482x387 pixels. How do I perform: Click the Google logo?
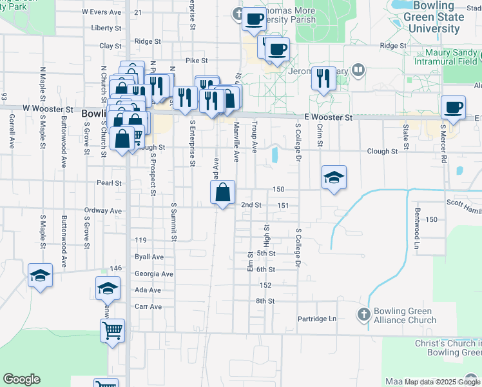[x=21, y=379]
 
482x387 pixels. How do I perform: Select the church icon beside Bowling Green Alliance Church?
[x=363, y=315]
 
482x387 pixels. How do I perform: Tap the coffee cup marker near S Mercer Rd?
[x=454, y=108]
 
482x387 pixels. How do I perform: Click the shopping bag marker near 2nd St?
[x=222, y=192]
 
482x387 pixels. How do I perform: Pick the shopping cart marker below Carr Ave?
[x=112, y=331]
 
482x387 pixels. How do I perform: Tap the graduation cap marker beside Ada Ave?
[x=108, y=289]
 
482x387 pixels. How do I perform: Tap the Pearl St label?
[x=109, y=183]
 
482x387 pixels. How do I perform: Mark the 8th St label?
[x=265, y=301]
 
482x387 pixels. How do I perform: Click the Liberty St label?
[x=106, y=28]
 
